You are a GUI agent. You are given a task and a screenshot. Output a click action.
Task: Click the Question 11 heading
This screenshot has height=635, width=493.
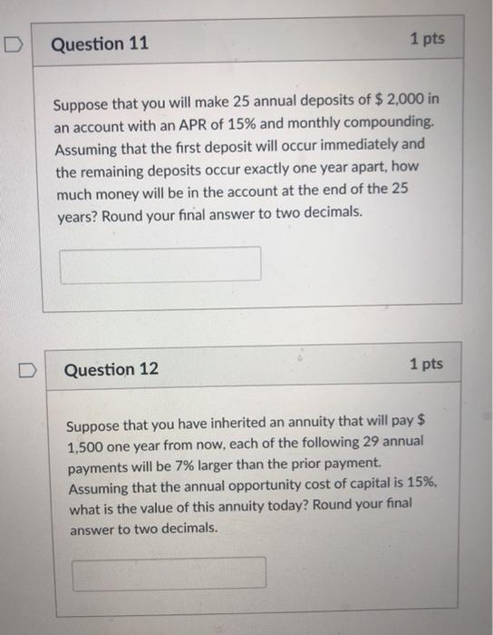point(101,44)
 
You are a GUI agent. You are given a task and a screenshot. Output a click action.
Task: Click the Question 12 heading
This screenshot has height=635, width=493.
point(111,369)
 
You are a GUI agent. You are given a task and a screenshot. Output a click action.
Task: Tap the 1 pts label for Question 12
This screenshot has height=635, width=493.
point(425,365)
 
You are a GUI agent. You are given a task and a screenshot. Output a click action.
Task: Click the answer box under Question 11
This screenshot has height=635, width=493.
point(160,264)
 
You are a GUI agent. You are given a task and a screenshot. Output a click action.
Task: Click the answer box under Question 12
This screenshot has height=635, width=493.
point(169,573)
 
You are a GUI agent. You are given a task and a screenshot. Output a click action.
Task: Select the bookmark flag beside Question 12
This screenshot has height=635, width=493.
point(29,370)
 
